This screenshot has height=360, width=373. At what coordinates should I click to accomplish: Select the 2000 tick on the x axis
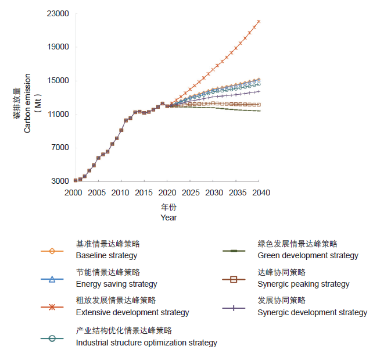coord(73,193)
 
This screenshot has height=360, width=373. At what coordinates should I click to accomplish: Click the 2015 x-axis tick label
coord(144,193)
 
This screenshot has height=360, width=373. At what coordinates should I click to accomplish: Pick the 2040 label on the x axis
coord(261,193)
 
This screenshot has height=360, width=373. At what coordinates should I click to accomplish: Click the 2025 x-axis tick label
coord(191,193)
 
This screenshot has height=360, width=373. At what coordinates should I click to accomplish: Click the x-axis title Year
coord(168,218)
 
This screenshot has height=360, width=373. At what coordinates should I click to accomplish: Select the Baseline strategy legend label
coord(106,255)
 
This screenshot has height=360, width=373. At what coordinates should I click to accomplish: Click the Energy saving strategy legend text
coord(116,284)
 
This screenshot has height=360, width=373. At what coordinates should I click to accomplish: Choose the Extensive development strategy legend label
coord(132,312)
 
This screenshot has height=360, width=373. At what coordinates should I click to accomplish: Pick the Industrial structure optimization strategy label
coord(146,343)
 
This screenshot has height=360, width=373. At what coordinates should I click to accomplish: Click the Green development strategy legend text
coord(308,255)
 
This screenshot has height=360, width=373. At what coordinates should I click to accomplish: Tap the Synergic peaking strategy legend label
coord(303,284)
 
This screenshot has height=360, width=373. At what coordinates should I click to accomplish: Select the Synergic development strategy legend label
coord(312,312)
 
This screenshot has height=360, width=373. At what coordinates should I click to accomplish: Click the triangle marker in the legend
coord(52,280)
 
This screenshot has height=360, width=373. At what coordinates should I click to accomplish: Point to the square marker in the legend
coord(234,280)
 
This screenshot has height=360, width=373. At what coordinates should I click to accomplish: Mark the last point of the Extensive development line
coord(259,22)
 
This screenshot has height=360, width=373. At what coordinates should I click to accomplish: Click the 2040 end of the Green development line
coord(259,111)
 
